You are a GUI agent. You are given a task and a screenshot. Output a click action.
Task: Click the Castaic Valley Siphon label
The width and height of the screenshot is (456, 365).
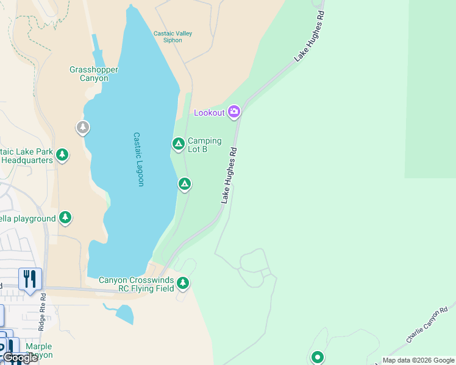tap(173, 37)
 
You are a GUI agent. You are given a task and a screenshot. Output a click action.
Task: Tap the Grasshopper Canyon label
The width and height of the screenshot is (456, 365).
tap(93, 74)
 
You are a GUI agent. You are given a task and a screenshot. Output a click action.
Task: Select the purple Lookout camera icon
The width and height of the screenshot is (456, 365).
tap(234, 111)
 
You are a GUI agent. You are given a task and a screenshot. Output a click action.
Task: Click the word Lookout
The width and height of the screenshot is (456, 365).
tap(209, 113)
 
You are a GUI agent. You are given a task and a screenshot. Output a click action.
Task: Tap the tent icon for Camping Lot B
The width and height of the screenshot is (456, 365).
tap(178, 144)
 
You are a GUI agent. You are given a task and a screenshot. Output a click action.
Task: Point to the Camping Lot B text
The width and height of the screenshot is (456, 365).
tap(204, 145)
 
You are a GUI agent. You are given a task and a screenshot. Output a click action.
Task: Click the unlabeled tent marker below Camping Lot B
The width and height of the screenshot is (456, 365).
tap(185, 183)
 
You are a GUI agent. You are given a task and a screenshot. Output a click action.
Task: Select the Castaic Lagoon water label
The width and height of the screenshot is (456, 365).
tap(138, 159)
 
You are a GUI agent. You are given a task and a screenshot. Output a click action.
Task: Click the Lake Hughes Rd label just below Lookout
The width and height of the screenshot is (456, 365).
tap(229, 175)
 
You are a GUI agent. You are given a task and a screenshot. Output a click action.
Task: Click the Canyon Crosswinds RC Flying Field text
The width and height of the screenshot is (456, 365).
tap(137, 284)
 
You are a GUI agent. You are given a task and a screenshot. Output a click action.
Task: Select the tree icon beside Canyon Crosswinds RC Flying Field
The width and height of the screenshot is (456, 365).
tap(183, 283)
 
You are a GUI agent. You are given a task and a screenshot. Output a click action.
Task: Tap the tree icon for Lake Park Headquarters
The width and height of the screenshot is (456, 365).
tap(62, 155)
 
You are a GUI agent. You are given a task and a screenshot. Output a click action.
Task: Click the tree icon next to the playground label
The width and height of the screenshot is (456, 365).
tap(65, 217)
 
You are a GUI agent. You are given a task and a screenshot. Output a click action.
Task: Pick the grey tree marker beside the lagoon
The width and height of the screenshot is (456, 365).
tap(82, 127)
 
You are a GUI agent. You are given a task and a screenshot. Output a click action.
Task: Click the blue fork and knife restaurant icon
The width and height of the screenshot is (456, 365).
tap(30, 279)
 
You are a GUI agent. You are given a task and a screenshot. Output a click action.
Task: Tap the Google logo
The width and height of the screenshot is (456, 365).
tap(20, 358)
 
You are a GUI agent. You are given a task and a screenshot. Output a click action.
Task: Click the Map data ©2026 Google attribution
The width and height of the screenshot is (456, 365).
tap(418, 360)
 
